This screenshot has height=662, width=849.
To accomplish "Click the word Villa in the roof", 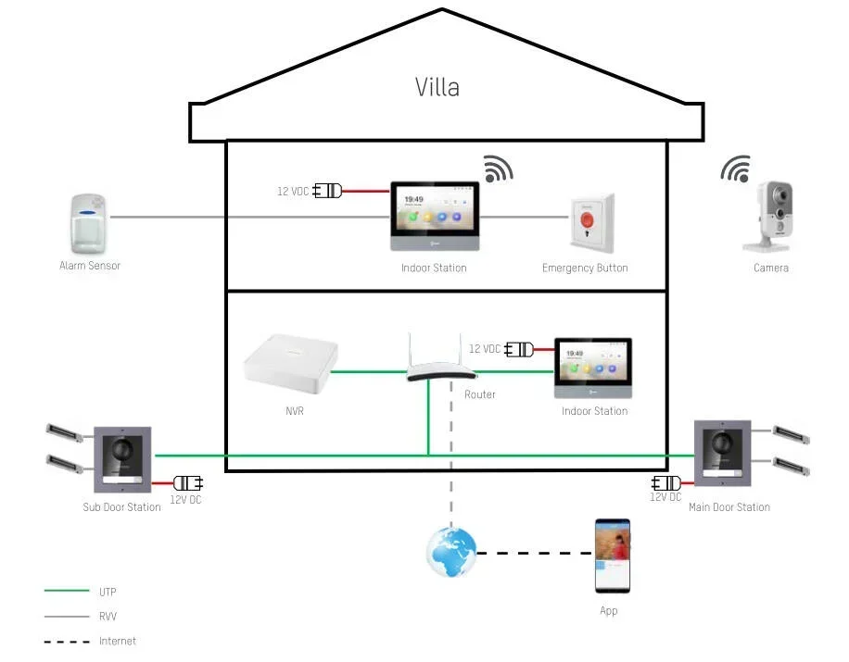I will tap(437, 88).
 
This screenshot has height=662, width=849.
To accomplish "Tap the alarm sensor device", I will tap(89, 223).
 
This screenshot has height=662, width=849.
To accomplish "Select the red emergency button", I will tap(589, 223).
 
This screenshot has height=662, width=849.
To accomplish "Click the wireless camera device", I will tap(770, 218).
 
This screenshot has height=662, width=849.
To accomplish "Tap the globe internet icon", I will tap(450, 552).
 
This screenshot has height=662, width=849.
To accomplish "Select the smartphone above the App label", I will tap(613, 556).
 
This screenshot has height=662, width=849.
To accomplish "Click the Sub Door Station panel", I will tap(122, 459).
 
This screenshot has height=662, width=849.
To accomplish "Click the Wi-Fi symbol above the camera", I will tap(736, 169).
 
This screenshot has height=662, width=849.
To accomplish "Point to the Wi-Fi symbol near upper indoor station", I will tap(498, 169).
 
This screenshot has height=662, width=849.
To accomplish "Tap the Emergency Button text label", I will tap(585, 268).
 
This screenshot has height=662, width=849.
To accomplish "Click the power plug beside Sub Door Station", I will tap(189, 482).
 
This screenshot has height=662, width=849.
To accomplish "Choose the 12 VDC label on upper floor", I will tap(294, 192).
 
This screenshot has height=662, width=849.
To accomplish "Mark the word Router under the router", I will tap(479, 394).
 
